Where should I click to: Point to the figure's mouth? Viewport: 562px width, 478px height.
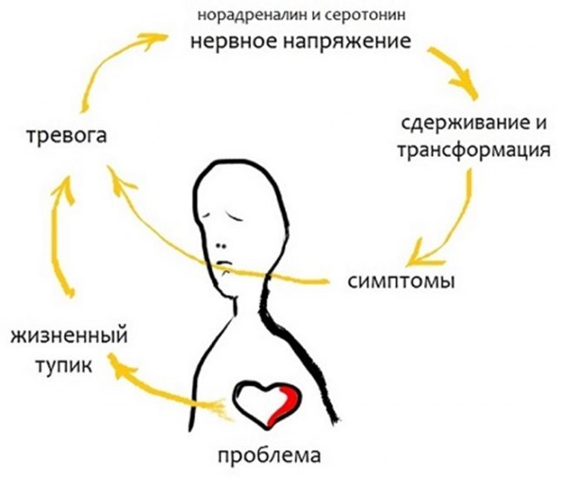(225, 265)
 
